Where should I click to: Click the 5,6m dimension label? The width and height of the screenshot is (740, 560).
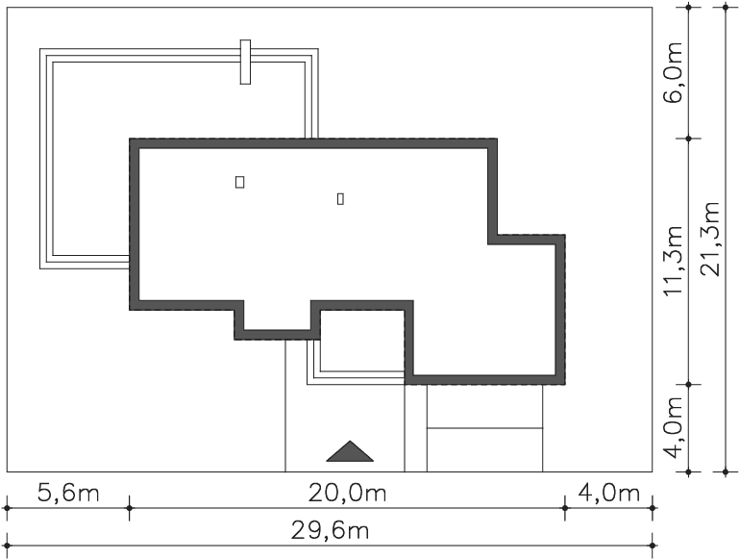point(68,494)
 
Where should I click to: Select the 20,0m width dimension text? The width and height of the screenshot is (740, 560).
point(347,494)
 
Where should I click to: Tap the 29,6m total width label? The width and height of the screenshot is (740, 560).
point(330,531)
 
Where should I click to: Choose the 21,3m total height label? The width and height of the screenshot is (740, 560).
point(710,240)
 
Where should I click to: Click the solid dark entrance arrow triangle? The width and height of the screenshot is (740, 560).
point(350,451)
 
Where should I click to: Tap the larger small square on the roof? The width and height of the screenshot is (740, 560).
point(239,182)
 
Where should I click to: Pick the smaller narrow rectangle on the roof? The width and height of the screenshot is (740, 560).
point(340,199)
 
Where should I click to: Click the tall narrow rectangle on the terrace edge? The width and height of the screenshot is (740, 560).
point(245,62)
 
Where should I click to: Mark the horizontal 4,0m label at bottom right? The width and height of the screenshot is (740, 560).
point(608,494)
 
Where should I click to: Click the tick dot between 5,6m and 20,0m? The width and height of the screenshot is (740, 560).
point(130,508)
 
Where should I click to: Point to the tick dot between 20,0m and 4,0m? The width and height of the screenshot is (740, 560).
point(565,508)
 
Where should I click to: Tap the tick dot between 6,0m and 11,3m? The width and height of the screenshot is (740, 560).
point(688,139)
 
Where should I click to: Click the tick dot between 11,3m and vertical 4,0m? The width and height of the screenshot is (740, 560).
point(688,384)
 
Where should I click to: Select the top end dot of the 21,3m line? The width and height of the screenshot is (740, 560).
point(726,7)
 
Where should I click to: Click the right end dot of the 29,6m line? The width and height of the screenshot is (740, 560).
point(653,546)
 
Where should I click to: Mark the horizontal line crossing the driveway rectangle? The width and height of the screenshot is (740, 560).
point(484,428)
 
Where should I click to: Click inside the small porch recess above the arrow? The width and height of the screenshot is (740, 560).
point(362,341)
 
